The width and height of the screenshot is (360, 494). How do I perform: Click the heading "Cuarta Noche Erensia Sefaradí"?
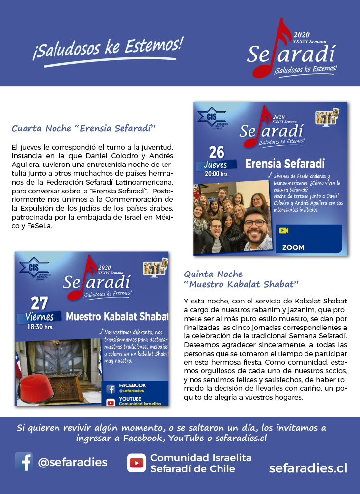pos(83,129)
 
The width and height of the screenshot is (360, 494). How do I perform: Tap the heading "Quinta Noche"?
pos(213,274)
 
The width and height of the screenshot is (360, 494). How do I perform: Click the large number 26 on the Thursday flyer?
pos(216,152)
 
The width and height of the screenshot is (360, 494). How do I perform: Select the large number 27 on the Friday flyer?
pos(39,303)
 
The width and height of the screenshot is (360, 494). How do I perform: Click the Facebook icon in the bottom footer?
pos(24,462)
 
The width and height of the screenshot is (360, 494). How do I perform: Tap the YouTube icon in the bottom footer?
pos(136,463)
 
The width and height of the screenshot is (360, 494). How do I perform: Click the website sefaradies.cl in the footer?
pos(308,468)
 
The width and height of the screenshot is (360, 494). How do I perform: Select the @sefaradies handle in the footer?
pos(73,462)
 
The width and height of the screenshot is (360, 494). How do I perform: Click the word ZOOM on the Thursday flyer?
pos(293,247)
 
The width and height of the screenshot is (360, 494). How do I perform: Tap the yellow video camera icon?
pos(283,230)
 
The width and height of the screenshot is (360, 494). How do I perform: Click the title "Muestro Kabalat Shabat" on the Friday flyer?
pos(117,316)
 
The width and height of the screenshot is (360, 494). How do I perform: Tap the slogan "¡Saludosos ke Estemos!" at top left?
pos(107,49)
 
